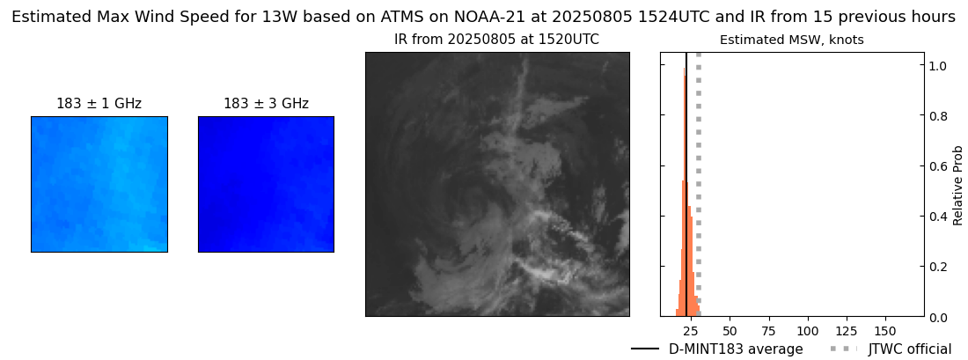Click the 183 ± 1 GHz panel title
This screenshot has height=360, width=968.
pos(99,104)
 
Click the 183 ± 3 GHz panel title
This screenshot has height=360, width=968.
pos(266,104)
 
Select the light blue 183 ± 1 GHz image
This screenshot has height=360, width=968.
pos(99,184)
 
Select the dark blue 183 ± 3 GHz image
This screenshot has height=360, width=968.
pos(266,184)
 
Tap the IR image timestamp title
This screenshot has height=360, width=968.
pos(496,40)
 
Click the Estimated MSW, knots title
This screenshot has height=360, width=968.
pos(791,40)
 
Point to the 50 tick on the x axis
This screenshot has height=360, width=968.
pos(730,330)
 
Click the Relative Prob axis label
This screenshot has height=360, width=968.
pos(957,185)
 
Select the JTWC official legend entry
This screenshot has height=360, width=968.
pos(909,349)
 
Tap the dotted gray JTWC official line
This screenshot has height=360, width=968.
pos(698,176)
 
